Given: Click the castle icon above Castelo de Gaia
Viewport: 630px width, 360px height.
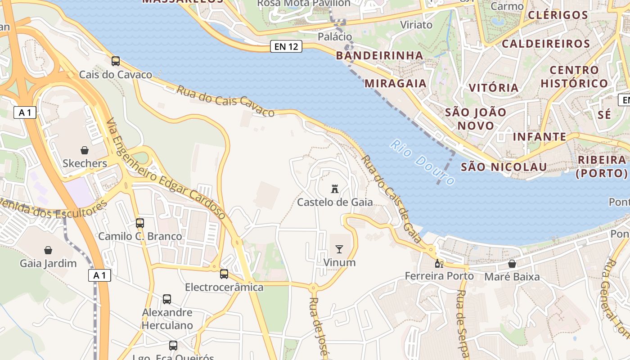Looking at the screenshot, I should (334, 189).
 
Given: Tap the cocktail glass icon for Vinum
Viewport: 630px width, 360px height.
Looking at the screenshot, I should (339, 249).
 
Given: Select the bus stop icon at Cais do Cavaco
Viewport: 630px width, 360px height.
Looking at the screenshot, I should (116, 61).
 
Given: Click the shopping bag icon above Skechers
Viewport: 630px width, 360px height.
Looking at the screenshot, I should (85, 150).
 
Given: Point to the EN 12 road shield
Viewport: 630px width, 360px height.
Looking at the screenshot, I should (286, 46).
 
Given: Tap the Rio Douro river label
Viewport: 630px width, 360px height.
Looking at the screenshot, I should (421, 162).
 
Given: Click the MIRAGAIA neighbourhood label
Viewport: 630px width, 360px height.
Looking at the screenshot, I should (395, 83).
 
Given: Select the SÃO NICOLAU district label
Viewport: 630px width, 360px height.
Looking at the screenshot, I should (504, 167).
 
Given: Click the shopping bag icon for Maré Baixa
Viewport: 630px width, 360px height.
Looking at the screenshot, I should (512, 264).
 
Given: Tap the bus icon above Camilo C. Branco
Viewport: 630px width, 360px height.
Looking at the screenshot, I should (140, 223).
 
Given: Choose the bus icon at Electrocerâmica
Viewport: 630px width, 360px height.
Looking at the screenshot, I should (224, 274).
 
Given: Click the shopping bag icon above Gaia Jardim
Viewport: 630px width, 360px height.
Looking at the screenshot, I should (48, 250).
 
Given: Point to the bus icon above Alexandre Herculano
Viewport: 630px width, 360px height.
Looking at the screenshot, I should (167, 299).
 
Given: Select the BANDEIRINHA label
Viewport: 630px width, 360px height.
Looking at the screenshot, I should (380, 56).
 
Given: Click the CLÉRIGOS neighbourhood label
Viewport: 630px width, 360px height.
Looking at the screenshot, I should (558, 15).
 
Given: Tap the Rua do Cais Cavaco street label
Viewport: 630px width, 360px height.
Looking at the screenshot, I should (225, 101).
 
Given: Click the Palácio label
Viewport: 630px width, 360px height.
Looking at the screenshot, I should (334, 36).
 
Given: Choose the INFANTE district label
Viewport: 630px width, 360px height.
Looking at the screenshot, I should (540, 137).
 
